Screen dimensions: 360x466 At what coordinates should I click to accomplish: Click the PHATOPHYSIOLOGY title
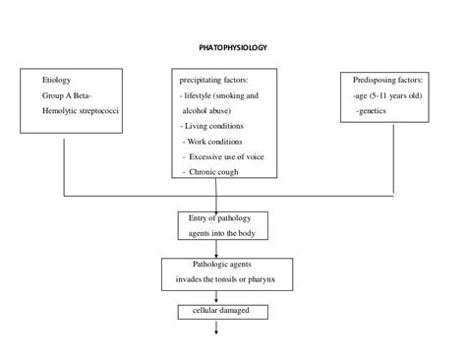(232, 47)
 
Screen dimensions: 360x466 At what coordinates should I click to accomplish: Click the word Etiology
(57, 80)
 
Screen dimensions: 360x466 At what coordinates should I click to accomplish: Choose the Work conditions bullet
(216, 142)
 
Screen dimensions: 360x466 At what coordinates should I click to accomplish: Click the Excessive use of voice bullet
(223, 157)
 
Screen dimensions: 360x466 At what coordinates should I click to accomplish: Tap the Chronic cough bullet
(215, 173)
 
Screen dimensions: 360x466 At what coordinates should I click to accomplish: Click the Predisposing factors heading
(387, 80)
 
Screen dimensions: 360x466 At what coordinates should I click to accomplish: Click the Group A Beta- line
(66, 96)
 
